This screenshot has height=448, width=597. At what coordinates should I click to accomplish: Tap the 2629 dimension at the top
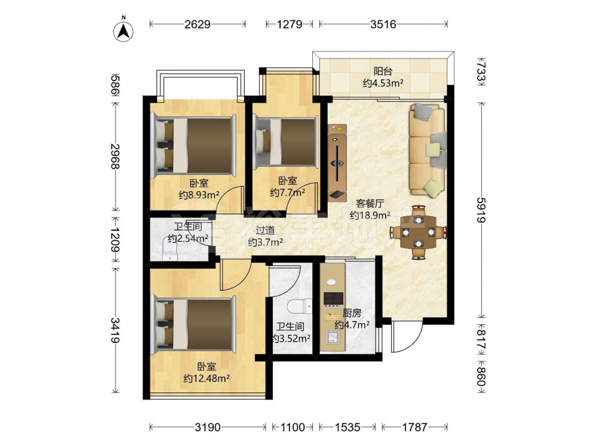pyautogui.click(x=197, y=24)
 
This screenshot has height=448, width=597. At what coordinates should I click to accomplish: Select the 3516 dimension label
pyautogui.click(x=383, y=24)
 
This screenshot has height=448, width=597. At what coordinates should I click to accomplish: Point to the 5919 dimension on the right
pyautogui.click(x=481, y=210)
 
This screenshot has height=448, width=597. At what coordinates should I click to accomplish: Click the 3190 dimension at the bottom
pyautogui.click(x=208, y=428)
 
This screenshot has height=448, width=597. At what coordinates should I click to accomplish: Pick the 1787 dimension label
pyautogui.click(x=415, y=428)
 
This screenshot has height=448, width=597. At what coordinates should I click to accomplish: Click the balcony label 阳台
pyautogui.click(x=383, y=71)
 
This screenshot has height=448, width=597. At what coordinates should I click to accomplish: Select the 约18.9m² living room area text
pyautogui.click(x=370, y=215)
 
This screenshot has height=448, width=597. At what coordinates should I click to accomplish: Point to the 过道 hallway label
pyautogui.click(x=265, y=230)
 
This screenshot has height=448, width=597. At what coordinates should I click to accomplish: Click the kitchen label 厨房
pyautogui.click(x=352, y=313)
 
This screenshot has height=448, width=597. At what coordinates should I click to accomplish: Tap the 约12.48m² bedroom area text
pyautogui.click(x=207, y=378)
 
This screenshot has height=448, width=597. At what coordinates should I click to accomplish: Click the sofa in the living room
pyautogui.click(x=427, y=150)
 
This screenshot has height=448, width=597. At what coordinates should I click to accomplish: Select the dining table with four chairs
pyautogui.click(x=418, y=232)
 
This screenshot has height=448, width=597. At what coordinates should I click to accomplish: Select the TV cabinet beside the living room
pyautogui.click(x=337, y=162)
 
